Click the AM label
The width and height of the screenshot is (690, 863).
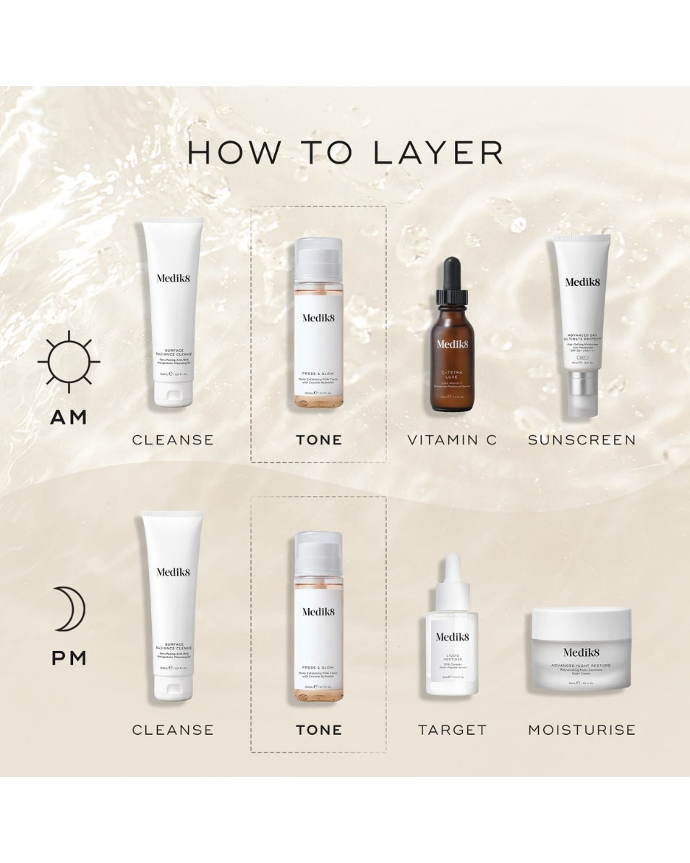coord(69,417)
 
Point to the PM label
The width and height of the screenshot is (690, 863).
coord(69,658)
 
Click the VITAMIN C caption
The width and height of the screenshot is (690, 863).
coord(452,439)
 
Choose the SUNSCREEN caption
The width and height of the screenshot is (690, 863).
coord(582,439)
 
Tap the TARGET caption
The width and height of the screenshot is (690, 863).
coord(452,730)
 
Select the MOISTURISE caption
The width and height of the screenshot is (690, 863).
coord(582,730)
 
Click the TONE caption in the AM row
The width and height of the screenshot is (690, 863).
coord(318,439)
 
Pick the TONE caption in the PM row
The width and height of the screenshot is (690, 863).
coord(318,730)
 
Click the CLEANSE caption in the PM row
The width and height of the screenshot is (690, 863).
coord(173,730)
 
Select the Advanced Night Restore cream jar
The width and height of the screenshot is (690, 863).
coord(582,649)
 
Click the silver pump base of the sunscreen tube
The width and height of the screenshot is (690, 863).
coord(582,394)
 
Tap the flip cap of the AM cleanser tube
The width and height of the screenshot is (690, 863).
coord(173,394)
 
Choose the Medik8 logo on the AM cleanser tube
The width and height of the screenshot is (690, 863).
coord(173,277)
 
